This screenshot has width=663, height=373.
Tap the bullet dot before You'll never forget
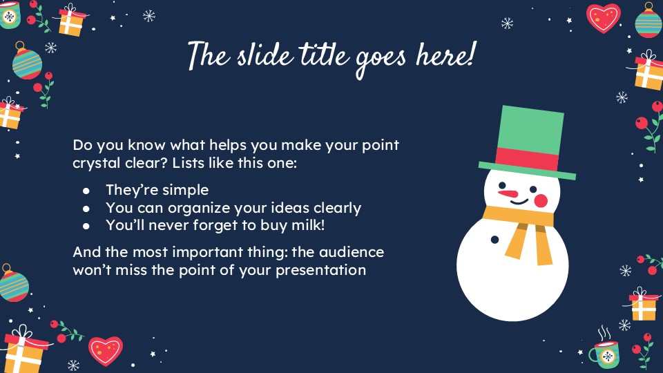coord(86,225)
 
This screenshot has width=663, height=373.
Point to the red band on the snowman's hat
coord(527,158)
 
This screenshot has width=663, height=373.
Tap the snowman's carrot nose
coord(509,193)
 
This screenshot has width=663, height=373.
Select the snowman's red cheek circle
coord(541,200)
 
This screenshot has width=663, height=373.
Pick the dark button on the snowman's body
coord(494,240)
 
